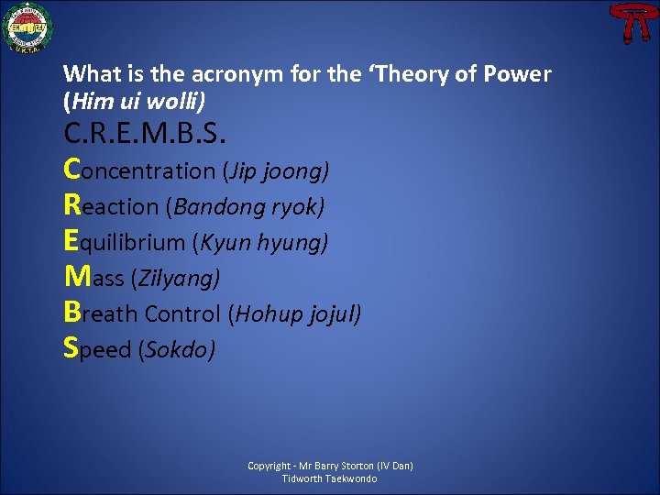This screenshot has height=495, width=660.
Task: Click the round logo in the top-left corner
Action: (27, 28)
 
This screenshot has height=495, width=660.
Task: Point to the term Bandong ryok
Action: (245, 207)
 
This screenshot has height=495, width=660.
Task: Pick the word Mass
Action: (95, 278)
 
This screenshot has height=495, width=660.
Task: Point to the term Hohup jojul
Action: (298, 314)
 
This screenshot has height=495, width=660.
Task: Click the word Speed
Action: (97, 349)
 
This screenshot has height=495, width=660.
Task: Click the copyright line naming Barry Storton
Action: (330, 466)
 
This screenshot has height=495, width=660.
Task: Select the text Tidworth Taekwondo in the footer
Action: (330, 478)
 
